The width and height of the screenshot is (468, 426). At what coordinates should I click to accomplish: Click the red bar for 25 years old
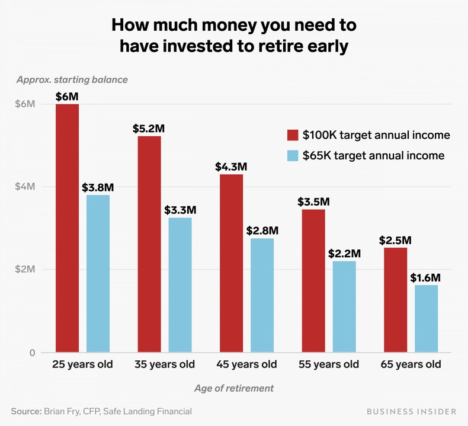click(x=68, y=228)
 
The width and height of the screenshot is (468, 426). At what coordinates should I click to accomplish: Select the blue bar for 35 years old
click(x=180, y=285)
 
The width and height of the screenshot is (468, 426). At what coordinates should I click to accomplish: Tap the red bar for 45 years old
click(x=231, y=263)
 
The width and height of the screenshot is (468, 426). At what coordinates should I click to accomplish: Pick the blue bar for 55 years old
click(x=344, y=306)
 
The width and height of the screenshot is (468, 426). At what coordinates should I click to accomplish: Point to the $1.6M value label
click(x=425, y=277)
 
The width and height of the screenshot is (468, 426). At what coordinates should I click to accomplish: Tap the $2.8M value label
click(x=262, y=230)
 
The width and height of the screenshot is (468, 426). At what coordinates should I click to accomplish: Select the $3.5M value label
click(x=313, y=201)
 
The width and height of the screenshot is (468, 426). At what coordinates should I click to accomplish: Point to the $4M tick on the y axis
click(x=25, y=187)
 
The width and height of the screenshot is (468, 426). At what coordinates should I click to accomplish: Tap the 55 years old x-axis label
click(x=328, y=364)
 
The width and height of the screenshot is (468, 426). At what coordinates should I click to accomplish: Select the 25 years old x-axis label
click(x=82, y=364)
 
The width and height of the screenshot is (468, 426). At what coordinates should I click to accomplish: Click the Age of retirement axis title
click(x=234, y=389)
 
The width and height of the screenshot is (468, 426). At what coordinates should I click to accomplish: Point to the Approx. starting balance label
click(x=72, y=79)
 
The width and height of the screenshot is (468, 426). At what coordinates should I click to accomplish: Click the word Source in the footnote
click(x=25, y=411)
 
